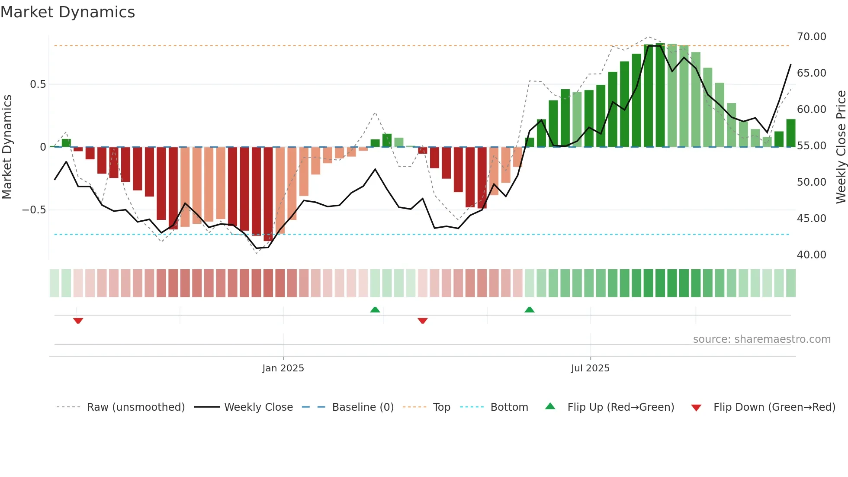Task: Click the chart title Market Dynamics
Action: (x=68, y=12)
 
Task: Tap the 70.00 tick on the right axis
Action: (x=811, y=37)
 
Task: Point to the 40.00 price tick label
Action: (x=811, y=255)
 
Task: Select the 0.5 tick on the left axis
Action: (x=38, y=84)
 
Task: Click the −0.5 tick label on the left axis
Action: (x=34, y=210)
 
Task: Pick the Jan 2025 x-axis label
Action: (x=283, y=368)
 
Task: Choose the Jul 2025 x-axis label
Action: (x=590, y=368)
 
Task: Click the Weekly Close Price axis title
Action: (x=841, y=147)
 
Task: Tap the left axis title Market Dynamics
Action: (x=7, y=147)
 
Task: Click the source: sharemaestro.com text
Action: (x=761, y=339)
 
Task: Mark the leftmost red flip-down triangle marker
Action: (x=78, y=321)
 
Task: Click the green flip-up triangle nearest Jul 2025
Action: (x=529, y=309)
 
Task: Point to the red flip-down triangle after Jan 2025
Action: (x=423, y=321)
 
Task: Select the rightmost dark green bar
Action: (x=790, y=133)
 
